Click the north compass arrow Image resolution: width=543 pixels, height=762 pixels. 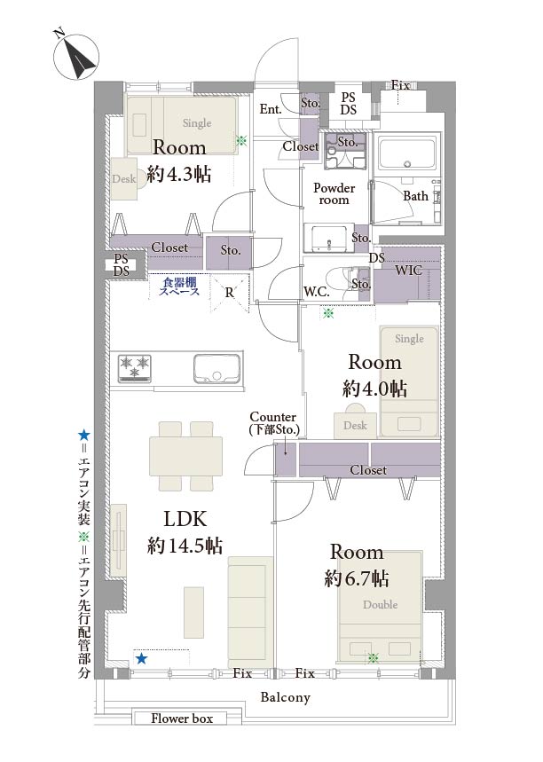click(78, 59)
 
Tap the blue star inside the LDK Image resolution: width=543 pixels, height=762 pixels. click(141, 658)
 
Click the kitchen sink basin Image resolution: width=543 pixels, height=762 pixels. click(216, 368)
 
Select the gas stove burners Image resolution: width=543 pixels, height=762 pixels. click(135, 367)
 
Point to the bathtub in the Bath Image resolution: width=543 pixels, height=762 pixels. click(406, 153)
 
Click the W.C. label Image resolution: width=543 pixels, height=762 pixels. click(317, 292)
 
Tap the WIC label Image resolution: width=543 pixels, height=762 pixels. click(408, 271)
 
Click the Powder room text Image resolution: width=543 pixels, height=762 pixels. click(334, 193)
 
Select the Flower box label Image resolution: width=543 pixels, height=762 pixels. click(182, 719)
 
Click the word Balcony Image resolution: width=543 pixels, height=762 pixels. click(286, 697)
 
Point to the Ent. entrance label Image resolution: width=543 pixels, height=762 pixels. click(271, 109)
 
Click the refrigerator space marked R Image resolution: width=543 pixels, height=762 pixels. click(230, 292)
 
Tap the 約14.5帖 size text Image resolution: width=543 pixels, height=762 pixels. click(185, 546)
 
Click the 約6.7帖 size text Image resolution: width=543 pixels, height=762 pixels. click(357, 578)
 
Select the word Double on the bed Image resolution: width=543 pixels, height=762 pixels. click(380, 605)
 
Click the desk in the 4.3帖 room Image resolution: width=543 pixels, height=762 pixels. click(124, 178)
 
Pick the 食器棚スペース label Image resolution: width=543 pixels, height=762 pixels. click(179, 287)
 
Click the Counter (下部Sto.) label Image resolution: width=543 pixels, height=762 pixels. click(273, 423)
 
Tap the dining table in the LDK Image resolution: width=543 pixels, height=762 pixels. click(185, 456)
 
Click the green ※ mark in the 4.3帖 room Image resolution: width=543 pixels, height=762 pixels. click(241, 141)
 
